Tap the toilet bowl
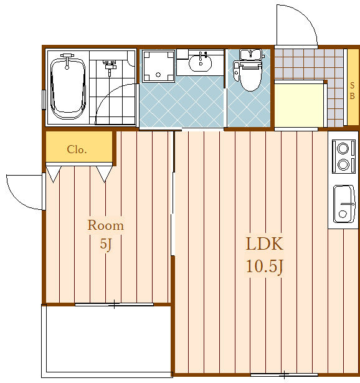[250, 77]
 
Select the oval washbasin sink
[201, 64]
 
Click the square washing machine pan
[158, 66]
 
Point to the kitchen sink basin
[344, 204]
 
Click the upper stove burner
[343, 148]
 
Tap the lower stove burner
[343, 164]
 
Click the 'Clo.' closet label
[77, 149]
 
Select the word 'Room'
[106, 225]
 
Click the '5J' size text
[106, 244]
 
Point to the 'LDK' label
[265, 244]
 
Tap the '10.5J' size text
[265, 267]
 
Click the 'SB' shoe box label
[352, 91]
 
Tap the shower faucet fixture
[109, 67]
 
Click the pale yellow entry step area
[299, 105]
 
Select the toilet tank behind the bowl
[250, 55]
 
